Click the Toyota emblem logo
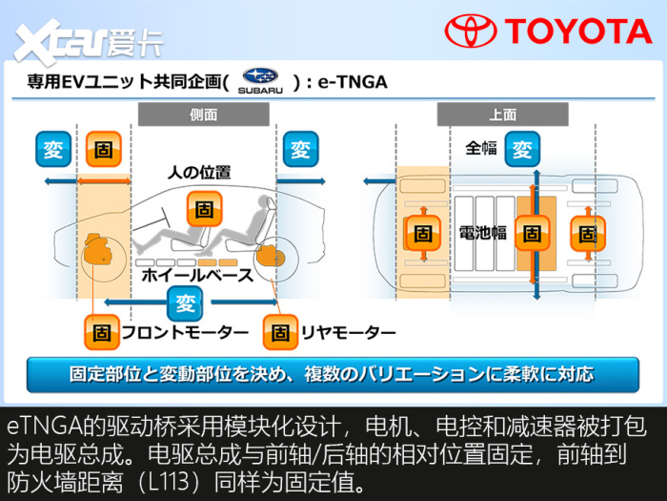click(471, 31)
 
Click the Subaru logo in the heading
click(260, 80)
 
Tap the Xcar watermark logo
click(89, 41)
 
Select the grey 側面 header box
click(204, 115)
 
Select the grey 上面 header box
click(503, 115)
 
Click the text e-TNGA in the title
click(353, 82)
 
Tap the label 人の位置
click(199, 173)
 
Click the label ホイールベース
click(197, 275)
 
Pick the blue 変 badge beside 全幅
click(522, 149)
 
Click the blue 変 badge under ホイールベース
click(185, 303)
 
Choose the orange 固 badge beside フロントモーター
click(102, 332)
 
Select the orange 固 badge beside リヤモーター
click(280, 332)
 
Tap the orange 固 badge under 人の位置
click(204, 209)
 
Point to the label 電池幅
click(483, 233)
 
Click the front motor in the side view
click(99, 249)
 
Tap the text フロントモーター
click(185, 332)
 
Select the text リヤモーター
click(349, 332)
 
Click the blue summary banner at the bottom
click(333, 374)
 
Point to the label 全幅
click(481, 148)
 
